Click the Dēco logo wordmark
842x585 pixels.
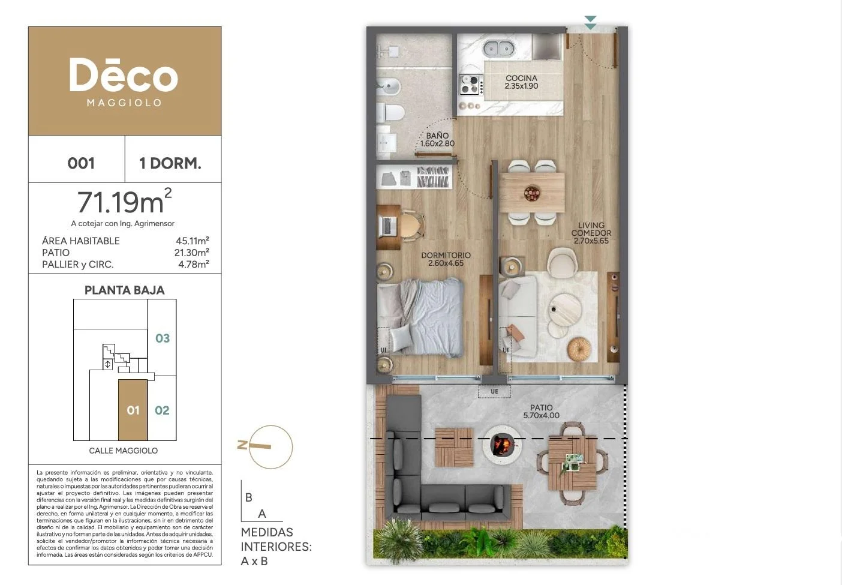(x=124, y=75)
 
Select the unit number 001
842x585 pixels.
(x=81, y=163)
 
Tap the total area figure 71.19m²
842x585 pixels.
(x=124, y=201)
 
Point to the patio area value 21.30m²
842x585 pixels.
(x=192, y=252)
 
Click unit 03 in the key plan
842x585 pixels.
(x=163, y=338)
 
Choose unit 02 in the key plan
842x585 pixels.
(x=162, y=410)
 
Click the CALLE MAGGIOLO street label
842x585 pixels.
(x=124, y=451)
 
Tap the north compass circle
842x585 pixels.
(x=270, y=447)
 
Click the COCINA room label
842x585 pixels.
(x=521, y=78)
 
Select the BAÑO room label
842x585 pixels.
(x=437, y=136)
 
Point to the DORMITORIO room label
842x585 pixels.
(x=446, y=255)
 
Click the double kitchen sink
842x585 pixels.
(x=499, y=48)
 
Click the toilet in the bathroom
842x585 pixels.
(x=391, y=112)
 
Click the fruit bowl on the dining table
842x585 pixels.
(x=533, y=193)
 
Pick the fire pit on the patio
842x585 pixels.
(x=502, y=444)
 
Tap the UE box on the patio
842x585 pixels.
(x=494, y=391)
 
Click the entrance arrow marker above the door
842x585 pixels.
(x=591, y=23)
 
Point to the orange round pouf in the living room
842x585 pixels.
(x=579, y=349)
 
